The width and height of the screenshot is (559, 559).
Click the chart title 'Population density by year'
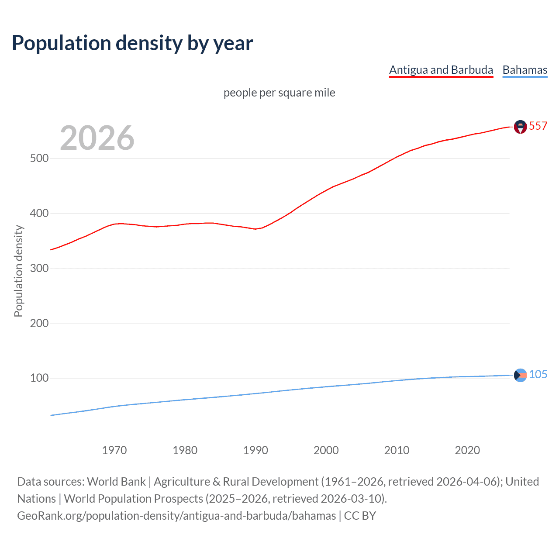[132, 43]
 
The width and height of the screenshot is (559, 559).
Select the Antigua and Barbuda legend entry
[441, 70]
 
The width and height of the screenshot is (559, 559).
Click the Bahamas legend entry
[524, 70]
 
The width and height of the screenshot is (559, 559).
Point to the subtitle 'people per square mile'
[279, 93]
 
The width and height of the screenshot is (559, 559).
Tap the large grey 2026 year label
[97, 138]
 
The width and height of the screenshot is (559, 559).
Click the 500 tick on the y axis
[39, 158]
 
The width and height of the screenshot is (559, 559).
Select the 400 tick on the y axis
[39, 213]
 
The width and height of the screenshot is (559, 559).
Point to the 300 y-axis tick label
[39, 268]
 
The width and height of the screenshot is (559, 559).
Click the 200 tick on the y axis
[39, 323]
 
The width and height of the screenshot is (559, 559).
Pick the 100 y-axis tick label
[39, 378]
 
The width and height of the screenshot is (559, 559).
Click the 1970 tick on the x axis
[114, 450]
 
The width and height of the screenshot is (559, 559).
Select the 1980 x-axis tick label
[185, 450]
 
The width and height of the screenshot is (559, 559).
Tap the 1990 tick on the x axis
[255, 450]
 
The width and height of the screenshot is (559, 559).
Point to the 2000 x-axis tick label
[326, 450]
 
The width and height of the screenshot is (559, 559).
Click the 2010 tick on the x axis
[397, 450]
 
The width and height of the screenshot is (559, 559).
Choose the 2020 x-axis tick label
[467, 450]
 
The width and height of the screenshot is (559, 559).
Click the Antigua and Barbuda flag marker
[520, 127]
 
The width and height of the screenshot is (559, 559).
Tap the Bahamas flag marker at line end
[520, 375]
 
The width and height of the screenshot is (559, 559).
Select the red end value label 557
[538, 126]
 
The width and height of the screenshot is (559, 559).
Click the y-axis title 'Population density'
[18, 271]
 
